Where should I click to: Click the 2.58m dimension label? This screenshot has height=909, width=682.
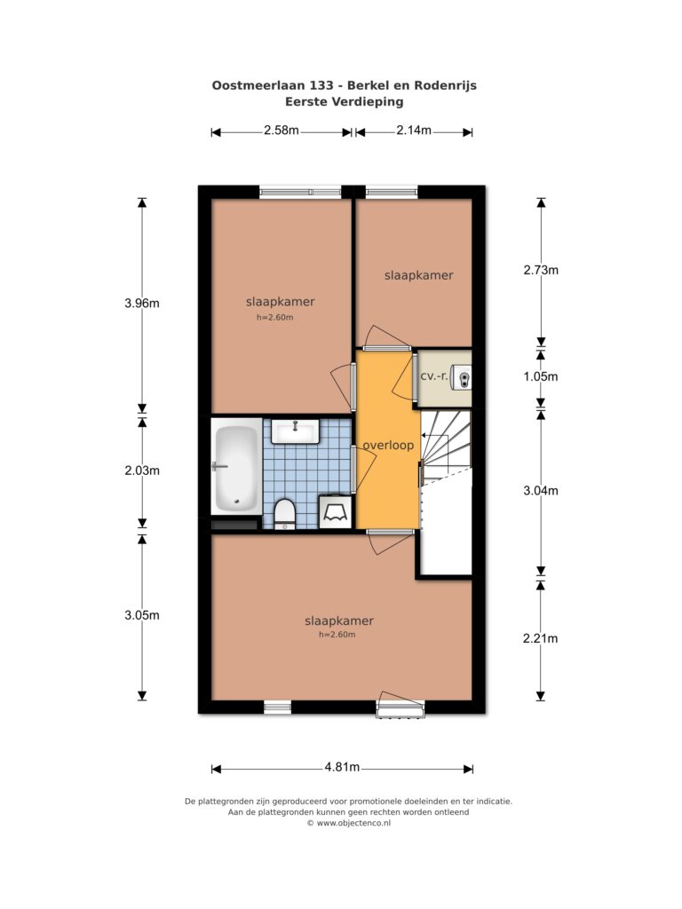pyautogui.click(x=282, y=130)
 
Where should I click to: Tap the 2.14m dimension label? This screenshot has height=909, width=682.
pyautogui.click(x=414, y=130)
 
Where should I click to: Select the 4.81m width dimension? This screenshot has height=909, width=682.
pyautogui.click(x=342, y=768)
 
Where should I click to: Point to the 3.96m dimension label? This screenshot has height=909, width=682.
pyautogui.click(x=142, y=303)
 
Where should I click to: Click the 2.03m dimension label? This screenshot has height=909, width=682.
pyautogui.click(x=142, y=470)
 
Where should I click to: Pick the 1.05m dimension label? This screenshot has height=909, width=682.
pyautogui.click(x=541, y=376)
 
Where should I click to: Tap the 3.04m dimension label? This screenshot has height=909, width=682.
pyautogui.click(x=541, y=490)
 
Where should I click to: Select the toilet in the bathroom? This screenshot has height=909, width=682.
pyautogui.click(x=285, y=514)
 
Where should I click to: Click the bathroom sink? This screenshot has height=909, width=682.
pyautogui.click(x=296, y=431)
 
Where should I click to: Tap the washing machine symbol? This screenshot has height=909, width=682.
pyautogui.click(x=336, y=511)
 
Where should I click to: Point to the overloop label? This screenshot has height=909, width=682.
pyautogui.click(x=389, y=446)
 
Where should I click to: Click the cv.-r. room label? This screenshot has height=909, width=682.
pyautogui.click(x=434, y=375)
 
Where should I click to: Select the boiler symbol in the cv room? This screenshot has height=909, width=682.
pyautogui.click(x=463, y=376)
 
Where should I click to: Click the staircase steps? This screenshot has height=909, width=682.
pyautogui.click(x=446, y=444)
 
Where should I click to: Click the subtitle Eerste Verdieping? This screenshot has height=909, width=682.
pyautogui.click(x=344, y=102)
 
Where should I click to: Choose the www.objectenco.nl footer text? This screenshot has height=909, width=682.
pyautogui.click(x=353, y=823)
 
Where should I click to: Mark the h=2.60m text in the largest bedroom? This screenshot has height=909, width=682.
pyautogui.click(x=337, y=635)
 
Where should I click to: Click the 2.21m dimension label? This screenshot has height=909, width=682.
pyautogui.click(x=541, y=638)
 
